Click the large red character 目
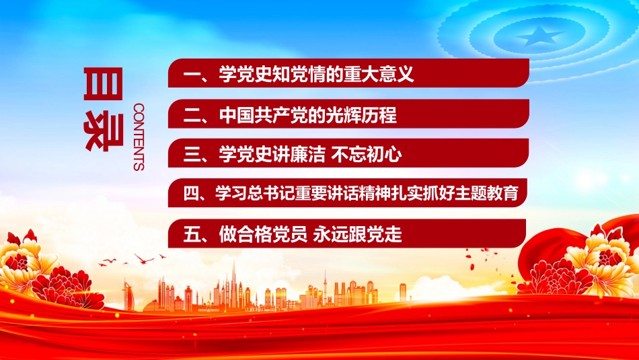pos(103,83)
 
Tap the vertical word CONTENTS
pos(139,137)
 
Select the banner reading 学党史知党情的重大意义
pos(348,73)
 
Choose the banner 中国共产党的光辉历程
pos(348,114)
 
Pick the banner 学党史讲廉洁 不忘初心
pos(348,153)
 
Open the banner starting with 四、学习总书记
pos(347,192)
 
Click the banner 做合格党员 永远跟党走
pos(347,233)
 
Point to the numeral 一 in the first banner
pos(192,74)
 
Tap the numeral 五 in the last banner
pos(192,234)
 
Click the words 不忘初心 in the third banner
pos(367,155)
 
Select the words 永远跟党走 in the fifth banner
pos(357,234)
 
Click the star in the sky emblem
pos(539,36)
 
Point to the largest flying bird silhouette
pos(144,258)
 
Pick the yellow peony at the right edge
pos(603,261)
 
